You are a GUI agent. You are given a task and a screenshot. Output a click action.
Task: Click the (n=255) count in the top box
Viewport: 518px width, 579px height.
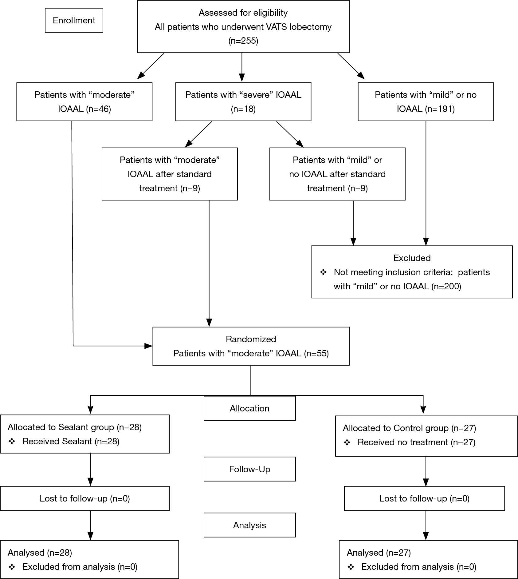[243, 41]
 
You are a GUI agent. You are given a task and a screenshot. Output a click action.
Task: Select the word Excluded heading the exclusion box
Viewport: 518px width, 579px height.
[412, 258]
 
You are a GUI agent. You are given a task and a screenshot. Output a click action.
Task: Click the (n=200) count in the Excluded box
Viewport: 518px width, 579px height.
[446, 286]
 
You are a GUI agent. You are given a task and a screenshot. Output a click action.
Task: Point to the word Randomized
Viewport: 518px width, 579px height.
[251, 339]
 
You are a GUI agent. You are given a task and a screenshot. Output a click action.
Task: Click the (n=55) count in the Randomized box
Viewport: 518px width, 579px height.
[316, 353]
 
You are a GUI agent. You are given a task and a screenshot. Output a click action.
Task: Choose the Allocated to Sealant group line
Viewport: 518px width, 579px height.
[75, 427]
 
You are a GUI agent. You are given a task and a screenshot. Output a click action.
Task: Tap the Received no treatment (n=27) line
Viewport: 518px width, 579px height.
[416, 442]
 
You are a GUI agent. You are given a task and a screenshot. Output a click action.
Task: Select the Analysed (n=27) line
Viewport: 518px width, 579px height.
[379, 553]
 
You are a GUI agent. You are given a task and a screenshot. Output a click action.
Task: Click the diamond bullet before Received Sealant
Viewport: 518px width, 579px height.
[12, 442]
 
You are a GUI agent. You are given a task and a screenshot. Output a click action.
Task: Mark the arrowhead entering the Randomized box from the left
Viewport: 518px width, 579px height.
[149, 346]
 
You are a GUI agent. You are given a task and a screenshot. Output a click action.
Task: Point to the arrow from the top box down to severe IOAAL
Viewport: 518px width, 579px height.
[242, 67]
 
